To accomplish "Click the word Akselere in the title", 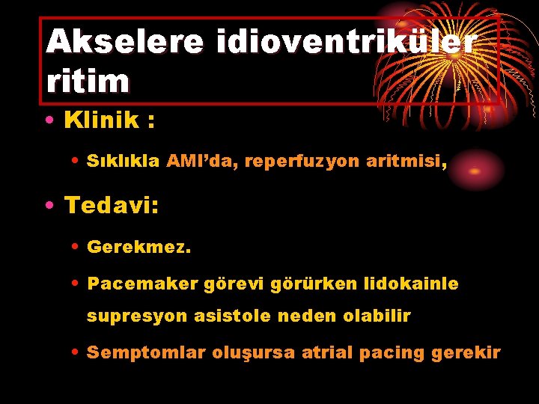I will (124, 43).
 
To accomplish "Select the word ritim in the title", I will (88, 81).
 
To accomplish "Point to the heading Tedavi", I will (112, 204).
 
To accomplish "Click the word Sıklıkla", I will (124, 161).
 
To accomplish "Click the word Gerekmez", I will (139, 246).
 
